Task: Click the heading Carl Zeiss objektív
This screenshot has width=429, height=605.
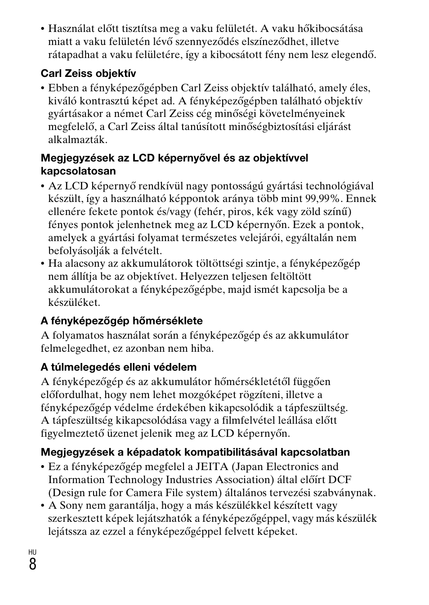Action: click(x=88, y=73)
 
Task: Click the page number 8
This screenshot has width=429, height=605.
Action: click(x=32, y=564)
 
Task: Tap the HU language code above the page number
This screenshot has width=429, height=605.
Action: click(x=32, y=552)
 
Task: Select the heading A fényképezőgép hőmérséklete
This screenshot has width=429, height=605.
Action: click(x=121, y=321)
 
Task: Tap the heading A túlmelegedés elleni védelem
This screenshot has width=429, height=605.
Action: click(x=119, y=367)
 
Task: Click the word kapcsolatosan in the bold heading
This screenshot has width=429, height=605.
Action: click(x=78, y=171)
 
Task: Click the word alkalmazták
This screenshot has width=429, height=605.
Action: click(x=78, y=139)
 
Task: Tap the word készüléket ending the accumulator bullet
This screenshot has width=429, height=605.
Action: click(x=74, y=302)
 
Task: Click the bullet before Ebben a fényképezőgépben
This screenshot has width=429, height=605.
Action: click(x=43, y=89)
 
